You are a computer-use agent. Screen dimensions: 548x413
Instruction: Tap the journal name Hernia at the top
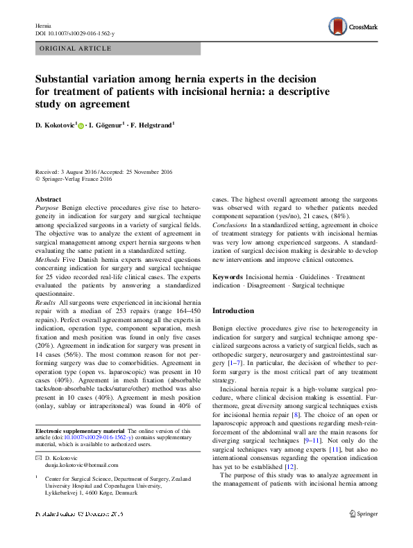pyautogui.click(x=43, y=25)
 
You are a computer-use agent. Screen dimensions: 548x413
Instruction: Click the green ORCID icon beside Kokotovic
pyautogui.click(x=81, y=126)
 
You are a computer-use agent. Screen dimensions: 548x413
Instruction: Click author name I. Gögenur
pyautogui.click(x=108, y=125)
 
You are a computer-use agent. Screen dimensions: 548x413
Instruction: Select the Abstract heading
pyautogui.click(x=48, y=200)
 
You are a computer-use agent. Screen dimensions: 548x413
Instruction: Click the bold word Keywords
pyautogui.click(x=227, y=276)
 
